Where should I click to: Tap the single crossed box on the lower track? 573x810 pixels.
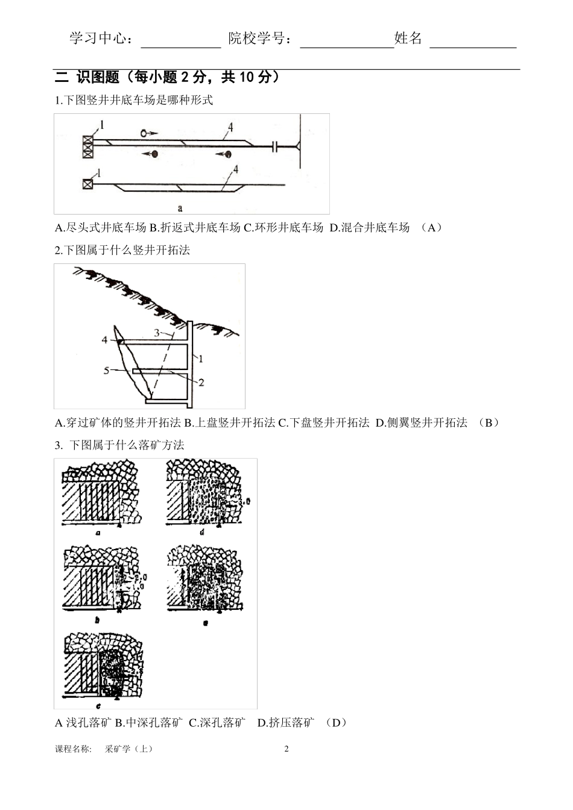click(88, 183)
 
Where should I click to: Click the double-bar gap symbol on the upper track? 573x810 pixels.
click(274, 146)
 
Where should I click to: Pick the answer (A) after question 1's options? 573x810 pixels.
click(431, 227)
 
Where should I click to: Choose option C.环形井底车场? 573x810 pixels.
click(283, 227)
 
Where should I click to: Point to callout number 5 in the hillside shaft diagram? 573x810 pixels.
click(107, 370)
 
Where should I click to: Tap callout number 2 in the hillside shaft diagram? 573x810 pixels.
click(201, 382)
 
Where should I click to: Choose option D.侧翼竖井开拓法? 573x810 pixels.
click(422, 422)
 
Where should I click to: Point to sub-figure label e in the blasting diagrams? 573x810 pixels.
click(206, 623)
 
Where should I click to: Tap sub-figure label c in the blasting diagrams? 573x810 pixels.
click(98, 706)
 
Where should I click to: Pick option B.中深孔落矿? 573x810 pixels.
click(148, 723)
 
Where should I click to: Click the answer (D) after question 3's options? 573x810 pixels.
click(336, 723)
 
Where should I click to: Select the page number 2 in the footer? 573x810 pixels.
click(286, 749)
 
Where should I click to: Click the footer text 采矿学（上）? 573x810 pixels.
click(129, 749)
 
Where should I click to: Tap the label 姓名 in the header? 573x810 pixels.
click(408, 39)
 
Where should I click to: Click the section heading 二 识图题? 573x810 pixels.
click(88, 78)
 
